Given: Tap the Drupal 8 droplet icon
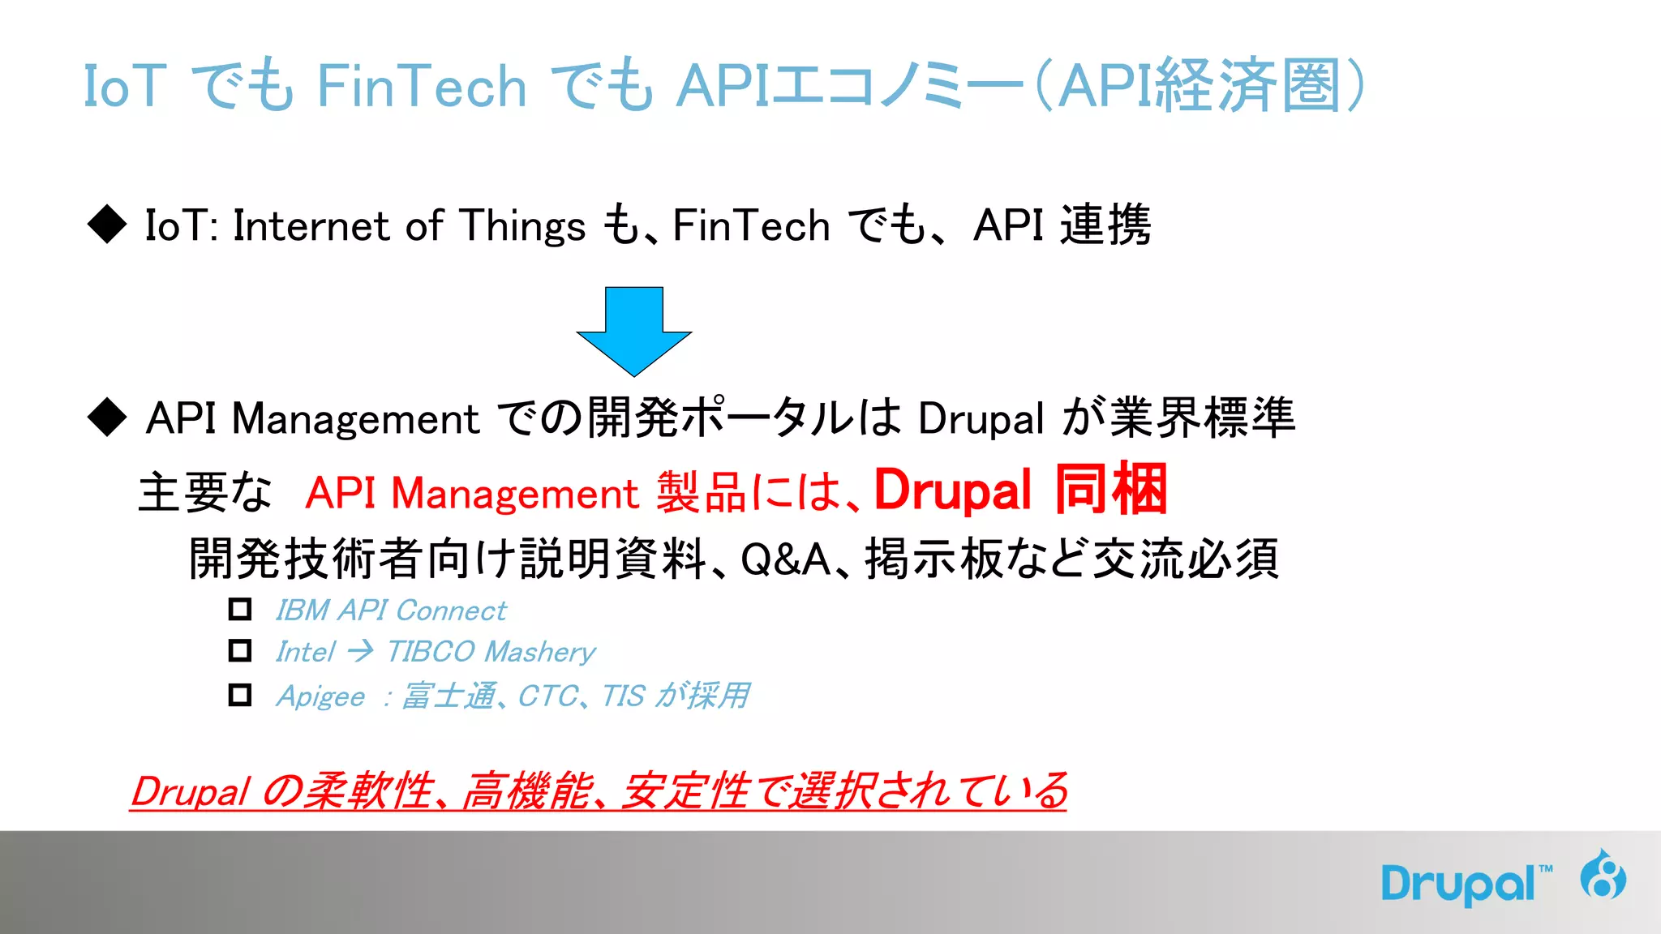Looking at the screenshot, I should point(1603,876).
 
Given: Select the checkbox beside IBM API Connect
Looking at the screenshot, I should point(240,609).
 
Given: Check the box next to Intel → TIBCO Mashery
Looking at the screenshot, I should point(240,650).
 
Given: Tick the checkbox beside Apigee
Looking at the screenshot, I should point(240,695).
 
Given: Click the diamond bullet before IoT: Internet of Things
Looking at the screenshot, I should point(107,224).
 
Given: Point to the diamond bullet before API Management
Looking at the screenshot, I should point(107,417).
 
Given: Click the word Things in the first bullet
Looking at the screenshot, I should point(523,226).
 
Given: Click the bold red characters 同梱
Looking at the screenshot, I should point(1111,490).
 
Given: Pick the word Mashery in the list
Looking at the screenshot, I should point(540,652).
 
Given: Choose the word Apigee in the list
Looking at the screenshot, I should point(320,696).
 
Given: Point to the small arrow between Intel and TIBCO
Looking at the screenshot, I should point(360,650).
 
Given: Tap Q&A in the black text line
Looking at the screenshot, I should point(785,559).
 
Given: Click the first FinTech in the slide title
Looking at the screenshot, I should point(421,86).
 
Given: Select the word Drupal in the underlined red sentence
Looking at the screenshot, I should point(191,791).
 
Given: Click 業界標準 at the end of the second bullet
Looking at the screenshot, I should point(1202,418).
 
